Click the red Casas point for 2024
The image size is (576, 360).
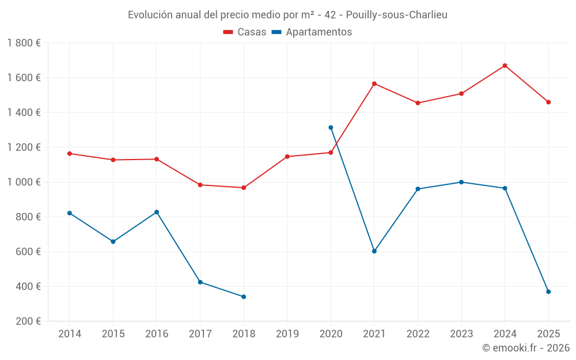(x=505, y=66)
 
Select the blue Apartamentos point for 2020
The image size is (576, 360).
(x=331, y=127)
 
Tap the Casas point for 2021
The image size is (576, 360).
(x=374, y=84)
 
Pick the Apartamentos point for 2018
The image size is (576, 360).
(x=244, y=297)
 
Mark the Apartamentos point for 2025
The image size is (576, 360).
(x=548, y=291)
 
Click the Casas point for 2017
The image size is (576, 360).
(x=200, y=185)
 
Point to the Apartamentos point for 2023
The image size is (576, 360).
(x=461, y=182)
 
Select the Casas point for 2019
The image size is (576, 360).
(x=287, y=157)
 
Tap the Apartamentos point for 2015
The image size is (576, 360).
(x=113, y=241)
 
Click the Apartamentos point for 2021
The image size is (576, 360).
(x=374, y=251)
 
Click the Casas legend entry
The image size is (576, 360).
(x=245, y=32)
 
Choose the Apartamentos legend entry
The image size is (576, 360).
(x=312, y=32)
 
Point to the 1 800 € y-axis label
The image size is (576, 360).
(x=24, y=43)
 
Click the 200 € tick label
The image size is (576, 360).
(x=28, y=321)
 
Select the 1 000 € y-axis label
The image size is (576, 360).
(x=24, y=182)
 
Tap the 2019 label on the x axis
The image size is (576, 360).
(x=287, y=334)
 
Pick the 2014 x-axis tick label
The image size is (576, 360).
(x=70, y=334)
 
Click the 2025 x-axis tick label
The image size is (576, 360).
(x=548, y=334)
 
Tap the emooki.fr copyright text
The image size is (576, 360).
(x=526, y=348)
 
